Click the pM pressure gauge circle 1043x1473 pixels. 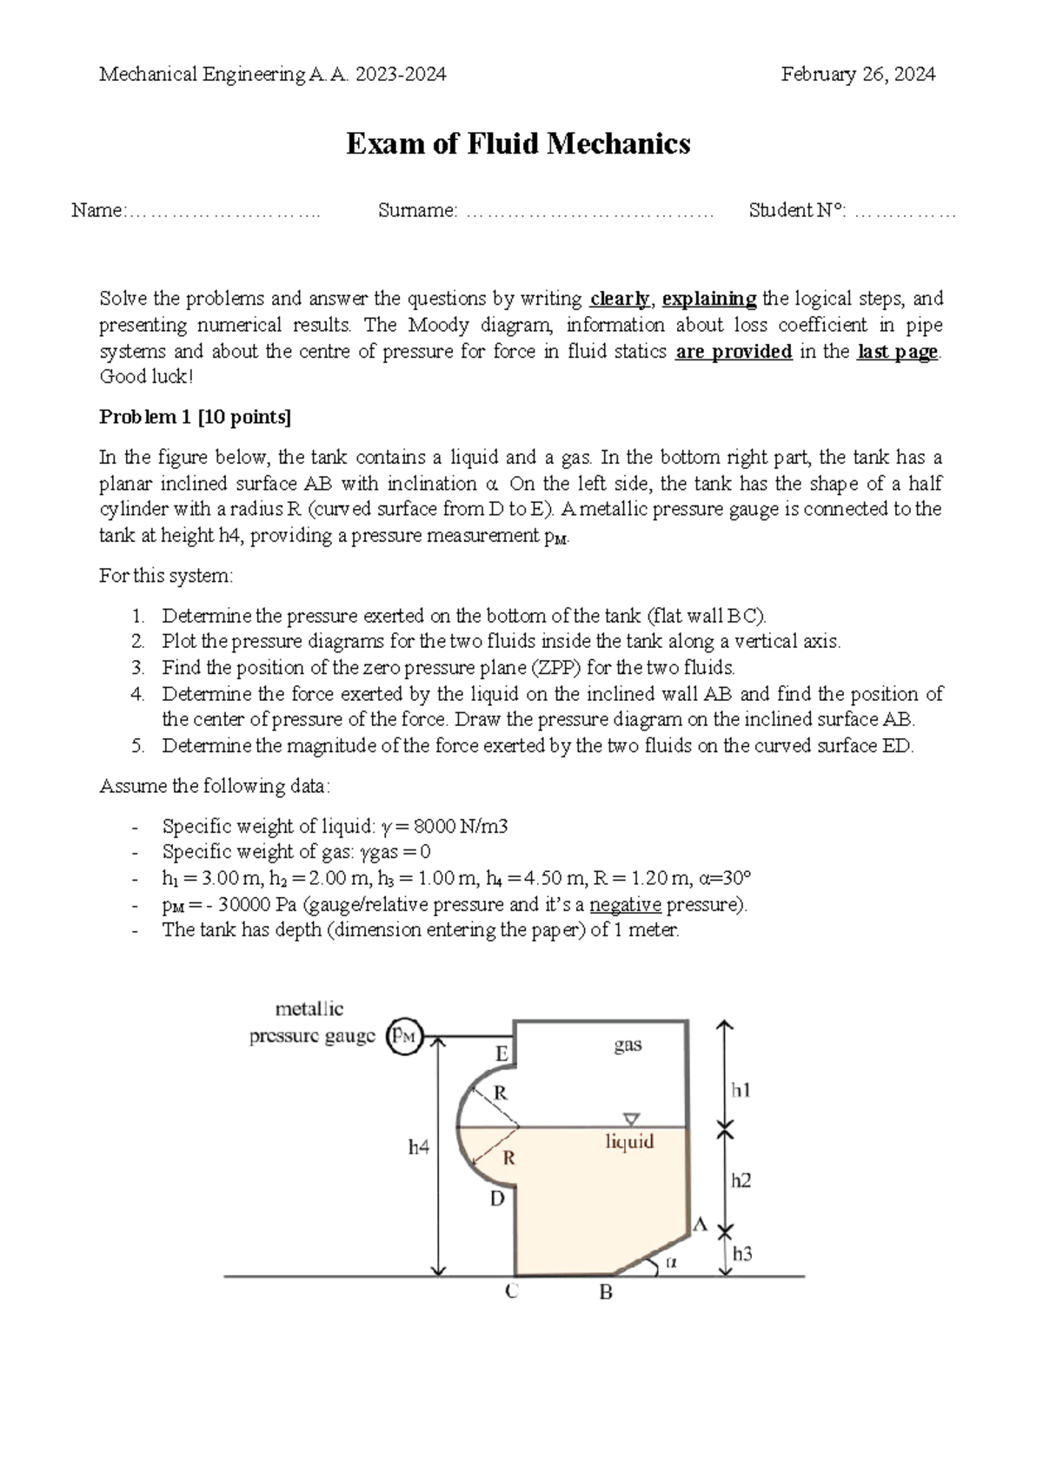coord(404,1035)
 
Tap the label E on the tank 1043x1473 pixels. coord(502,1054)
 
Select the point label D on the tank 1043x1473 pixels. coord(497,1199)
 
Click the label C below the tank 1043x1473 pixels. coord(512,1291)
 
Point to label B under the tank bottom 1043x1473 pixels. coord(606,1292)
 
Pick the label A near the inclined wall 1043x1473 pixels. coord(700,1225)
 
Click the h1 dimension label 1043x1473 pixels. coord(741,1090)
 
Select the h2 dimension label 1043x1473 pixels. coord(741,1180)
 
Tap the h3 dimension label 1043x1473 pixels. coord(741,1253)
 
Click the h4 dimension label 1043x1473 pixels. coord(419,1147)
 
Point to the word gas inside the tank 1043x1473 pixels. coord(628,1045)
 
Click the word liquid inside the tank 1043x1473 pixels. coord(629,1142)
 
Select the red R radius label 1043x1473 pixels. coord(509,1158)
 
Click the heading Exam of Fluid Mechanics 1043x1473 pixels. coord(518,143)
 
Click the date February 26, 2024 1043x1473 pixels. coord(858,75)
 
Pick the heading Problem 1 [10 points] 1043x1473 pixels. coord(195,417)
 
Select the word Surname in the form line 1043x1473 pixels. coord(416,210)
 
